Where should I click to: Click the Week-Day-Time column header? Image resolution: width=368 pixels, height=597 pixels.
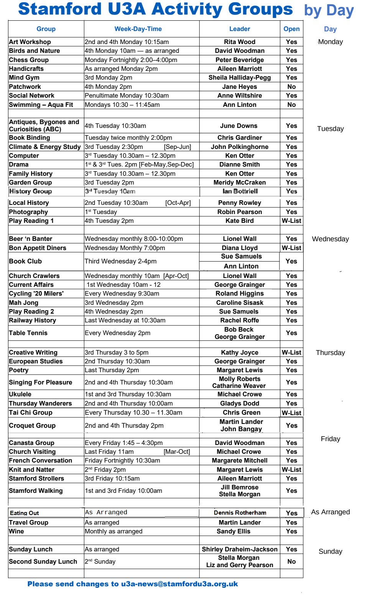138,29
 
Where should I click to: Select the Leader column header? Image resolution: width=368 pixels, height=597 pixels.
240,29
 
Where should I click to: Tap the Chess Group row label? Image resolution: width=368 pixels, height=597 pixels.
29,60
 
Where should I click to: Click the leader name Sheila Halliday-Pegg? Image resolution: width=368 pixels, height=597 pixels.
240,78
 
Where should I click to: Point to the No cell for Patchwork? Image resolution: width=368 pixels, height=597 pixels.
291,87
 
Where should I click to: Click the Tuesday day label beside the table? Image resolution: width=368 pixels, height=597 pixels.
330,129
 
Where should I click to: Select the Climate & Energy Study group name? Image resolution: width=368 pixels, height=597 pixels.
45,147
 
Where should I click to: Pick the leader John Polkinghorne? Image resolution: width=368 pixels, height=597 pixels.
240,147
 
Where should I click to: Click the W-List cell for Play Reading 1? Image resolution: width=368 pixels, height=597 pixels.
291,221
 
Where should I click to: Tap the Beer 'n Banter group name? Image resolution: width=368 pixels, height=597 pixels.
31,239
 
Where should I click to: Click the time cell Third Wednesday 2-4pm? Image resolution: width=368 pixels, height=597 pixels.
121,261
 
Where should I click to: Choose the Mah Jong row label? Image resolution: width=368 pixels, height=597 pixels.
24,303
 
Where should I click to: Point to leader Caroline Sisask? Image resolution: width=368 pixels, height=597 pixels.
240,303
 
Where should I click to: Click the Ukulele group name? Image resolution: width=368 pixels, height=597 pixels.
20,394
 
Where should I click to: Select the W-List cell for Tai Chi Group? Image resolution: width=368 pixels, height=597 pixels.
291,413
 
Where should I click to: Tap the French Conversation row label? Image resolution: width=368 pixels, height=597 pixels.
41,461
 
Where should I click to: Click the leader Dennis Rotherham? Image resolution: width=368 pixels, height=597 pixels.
240,513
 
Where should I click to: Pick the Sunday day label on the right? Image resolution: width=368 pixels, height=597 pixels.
330,551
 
